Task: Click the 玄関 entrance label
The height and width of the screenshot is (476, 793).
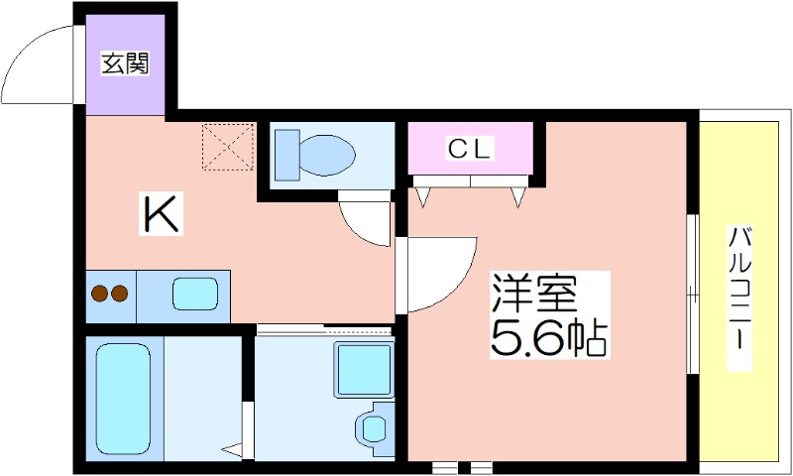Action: (126, 63)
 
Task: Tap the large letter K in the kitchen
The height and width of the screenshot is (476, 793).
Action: (161, 214)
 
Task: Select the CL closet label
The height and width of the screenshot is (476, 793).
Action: (469, 149)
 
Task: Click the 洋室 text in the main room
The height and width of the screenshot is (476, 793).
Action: (534, 293)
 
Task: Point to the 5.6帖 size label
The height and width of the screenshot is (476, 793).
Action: (549, 336)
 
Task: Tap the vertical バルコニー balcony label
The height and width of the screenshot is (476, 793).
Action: (739, 289)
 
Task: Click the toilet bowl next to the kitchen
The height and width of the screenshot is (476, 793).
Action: (326, 155)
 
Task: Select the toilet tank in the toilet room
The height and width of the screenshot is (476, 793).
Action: (287, 155)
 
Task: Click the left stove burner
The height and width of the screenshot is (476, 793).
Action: (100, 294)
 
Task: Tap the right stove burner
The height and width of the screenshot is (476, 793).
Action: (119, 294)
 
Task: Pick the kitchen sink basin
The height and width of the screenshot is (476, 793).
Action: (194, 294)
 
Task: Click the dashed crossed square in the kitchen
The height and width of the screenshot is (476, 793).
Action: (228, 147)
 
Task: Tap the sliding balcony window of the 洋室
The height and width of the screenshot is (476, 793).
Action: (693, 294)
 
